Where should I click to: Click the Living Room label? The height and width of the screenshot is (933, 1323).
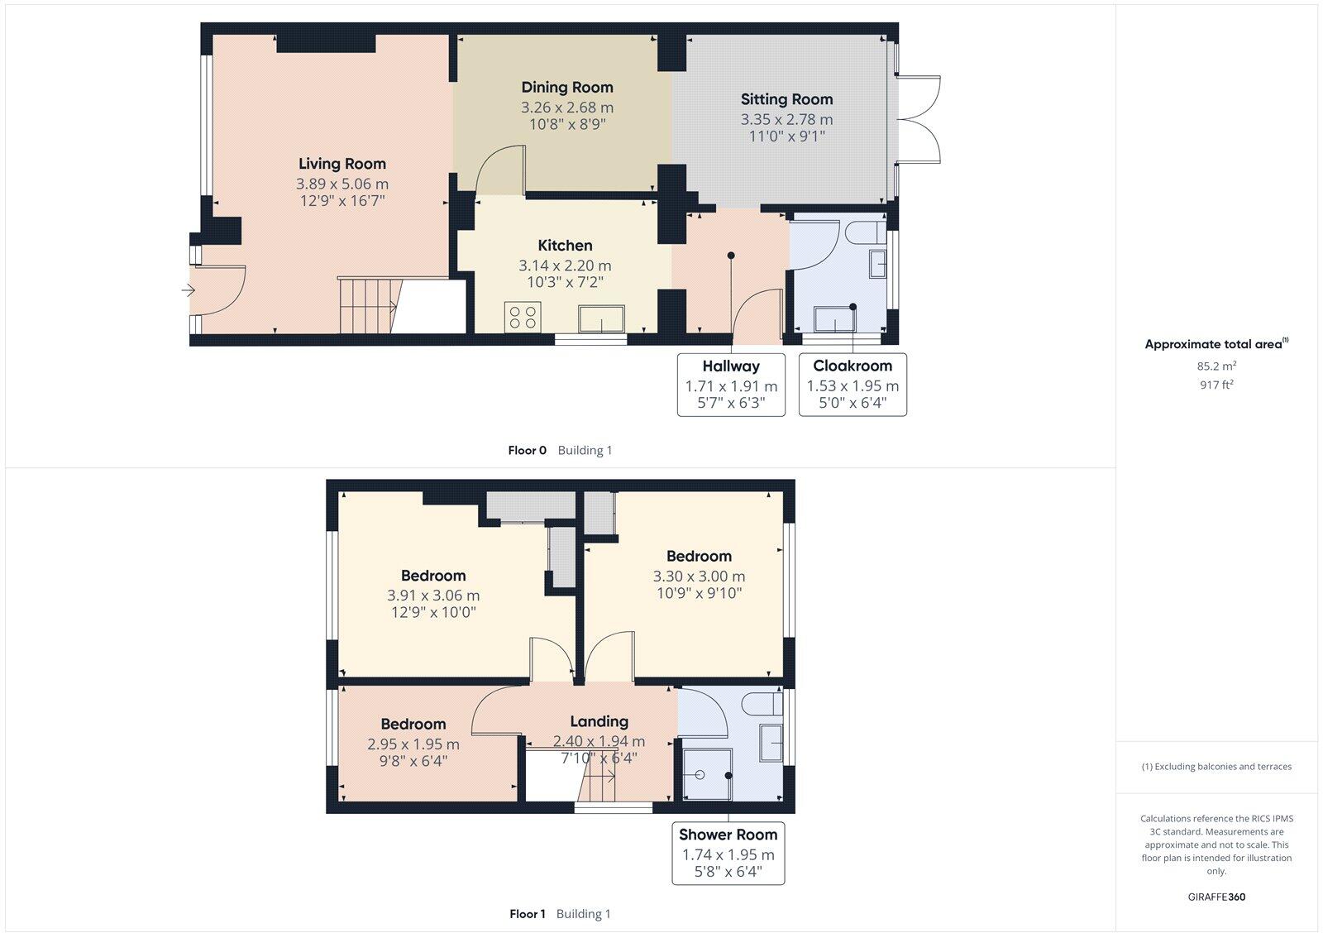pos(341,164)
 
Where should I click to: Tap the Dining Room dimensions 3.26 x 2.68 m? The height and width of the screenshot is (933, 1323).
pos(566,108)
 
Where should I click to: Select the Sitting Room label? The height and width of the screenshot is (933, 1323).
pos(786,99)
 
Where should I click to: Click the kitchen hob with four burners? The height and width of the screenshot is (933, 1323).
pos(523,317)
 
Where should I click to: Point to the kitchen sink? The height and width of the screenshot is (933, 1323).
pos(601,318)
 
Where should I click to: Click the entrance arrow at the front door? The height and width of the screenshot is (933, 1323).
pos(188,290)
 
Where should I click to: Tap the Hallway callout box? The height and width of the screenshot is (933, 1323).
pos(731,385)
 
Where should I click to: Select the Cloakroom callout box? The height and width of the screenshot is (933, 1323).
pos(853,385)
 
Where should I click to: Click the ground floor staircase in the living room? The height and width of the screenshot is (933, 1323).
pos(367,305)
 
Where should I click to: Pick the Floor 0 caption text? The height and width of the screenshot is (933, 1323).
pos(527,451)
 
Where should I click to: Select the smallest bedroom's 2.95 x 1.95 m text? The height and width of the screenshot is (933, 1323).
pos(413,744)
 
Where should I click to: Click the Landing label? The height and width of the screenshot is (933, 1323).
pos(599,721)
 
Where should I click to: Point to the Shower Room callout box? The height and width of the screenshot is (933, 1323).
pos(728,854)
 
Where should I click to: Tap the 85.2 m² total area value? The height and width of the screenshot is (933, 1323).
pos(1216,366)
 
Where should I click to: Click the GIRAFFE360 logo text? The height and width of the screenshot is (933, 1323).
pos(1216,897)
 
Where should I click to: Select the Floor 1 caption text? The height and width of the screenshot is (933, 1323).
pos(528,914)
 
